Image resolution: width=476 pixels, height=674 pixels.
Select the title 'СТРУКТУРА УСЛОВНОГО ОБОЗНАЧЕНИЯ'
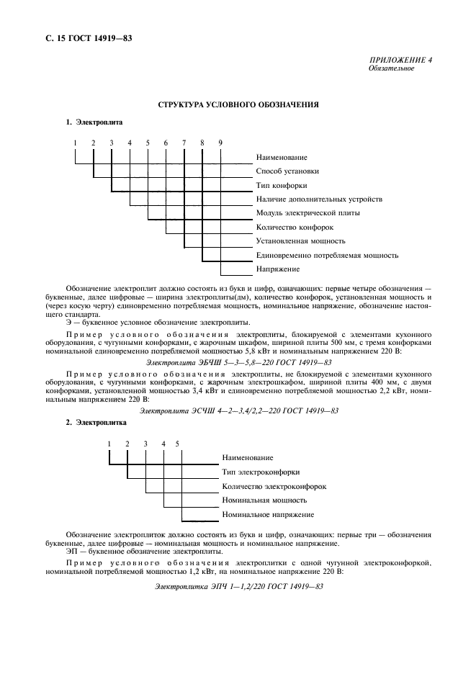pos(238,105)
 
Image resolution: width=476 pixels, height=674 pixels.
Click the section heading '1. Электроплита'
pos(94,122)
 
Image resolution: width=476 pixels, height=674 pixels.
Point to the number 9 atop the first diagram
pos(220,143)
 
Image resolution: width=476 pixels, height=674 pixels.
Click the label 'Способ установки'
pos(287,171)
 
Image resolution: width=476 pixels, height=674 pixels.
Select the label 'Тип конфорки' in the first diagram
pos(282,185)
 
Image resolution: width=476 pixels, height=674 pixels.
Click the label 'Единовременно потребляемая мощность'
pos(327,255)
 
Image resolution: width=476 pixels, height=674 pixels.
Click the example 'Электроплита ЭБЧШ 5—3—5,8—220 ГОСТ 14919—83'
pos(238,362)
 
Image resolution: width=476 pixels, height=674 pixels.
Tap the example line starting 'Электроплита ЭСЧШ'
pos(238,410)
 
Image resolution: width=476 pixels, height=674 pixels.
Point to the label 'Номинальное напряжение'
pos(268,514)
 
